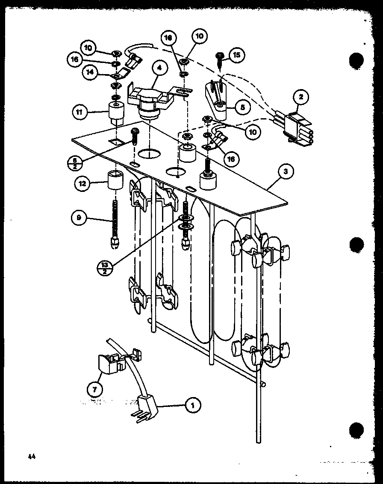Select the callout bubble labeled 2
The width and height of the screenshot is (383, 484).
(301, 97)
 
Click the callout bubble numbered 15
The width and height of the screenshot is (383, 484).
(236, 55)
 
